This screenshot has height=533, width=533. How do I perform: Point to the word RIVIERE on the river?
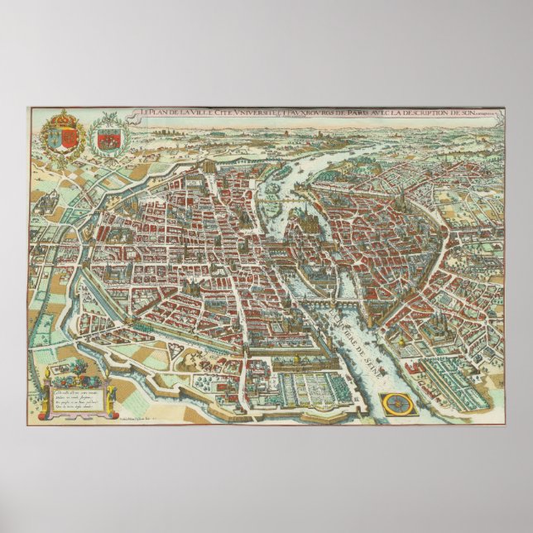point(341,319)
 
